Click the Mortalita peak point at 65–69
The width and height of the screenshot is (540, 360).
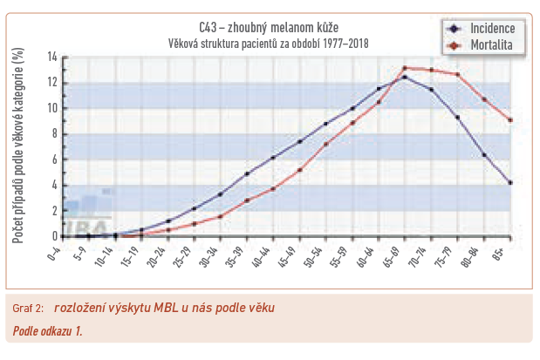[405, 68]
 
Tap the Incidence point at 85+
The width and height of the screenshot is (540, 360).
[510, 182]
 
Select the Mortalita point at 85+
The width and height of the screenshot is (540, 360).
[510, 120]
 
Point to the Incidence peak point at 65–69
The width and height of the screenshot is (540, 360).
[405, 77]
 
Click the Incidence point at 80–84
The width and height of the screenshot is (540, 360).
[484, 155]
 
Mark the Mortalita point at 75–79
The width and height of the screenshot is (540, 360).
[458, 74]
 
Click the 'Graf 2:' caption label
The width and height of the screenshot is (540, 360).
[29, 308]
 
